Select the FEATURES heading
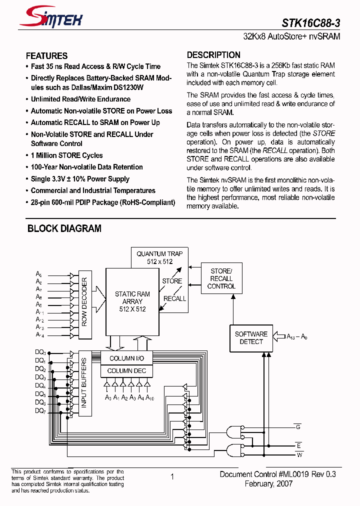[46, 56]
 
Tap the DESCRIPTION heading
[213, 55]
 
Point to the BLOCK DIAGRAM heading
[64, 228]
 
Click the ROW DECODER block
[84, 308]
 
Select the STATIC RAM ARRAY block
[132, 301]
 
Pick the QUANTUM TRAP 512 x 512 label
[159, 257]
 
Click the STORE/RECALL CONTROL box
[221, 278]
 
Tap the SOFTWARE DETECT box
[251, 338]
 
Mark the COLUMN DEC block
[127, 370]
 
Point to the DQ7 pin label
[40, 410]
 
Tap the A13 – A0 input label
[297, 337]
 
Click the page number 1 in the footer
[172, 477]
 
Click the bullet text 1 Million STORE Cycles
[66, 155]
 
